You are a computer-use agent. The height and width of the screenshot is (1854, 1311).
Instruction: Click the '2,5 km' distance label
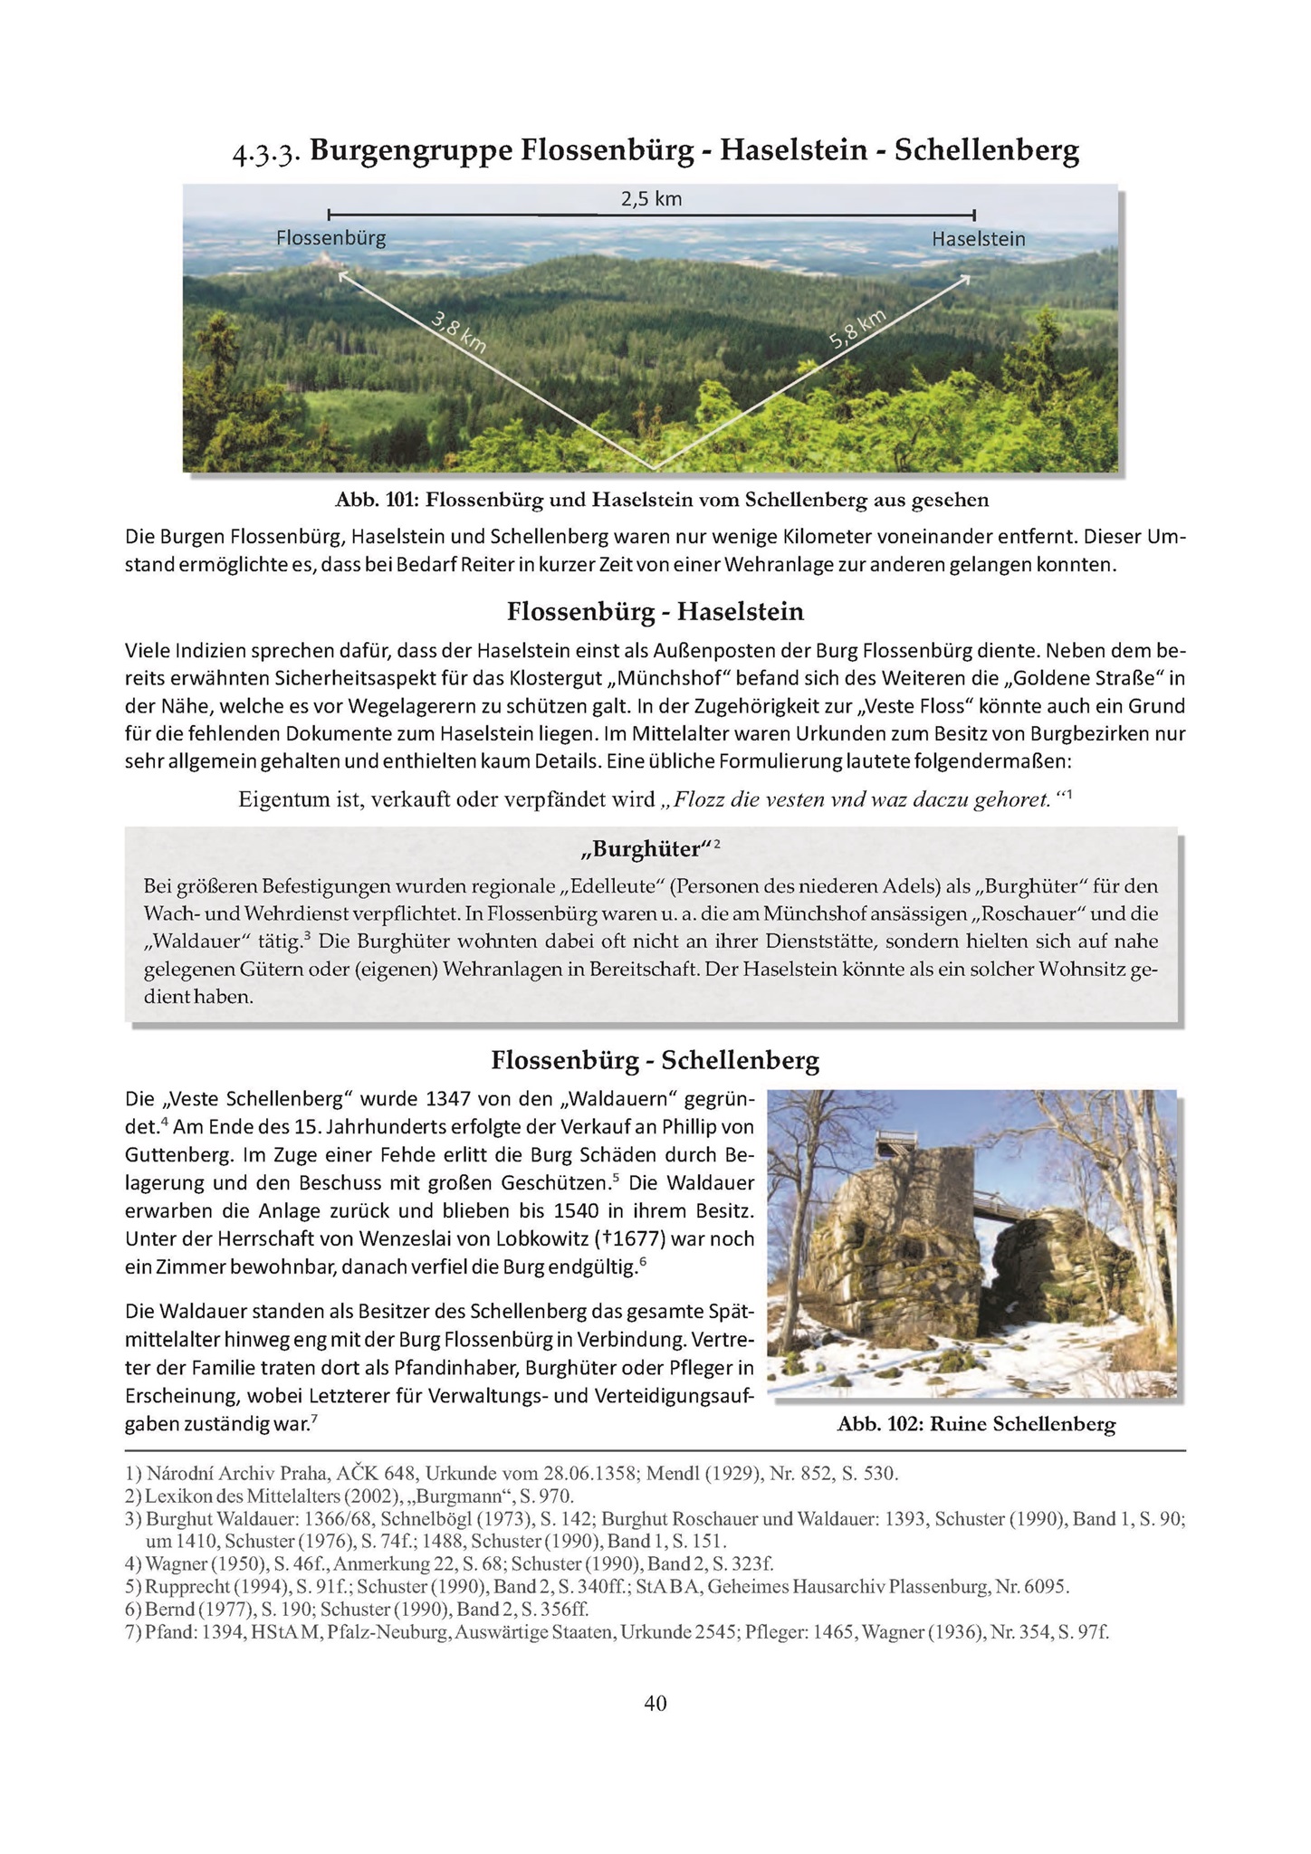tap(651, 198)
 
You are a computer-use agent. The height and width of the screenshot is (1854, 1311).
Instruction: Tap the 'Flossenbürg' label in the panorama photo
tap(330, 238)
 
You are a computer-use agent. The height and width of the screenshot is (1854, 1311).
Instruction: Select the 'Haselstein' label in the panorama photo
tap(978, 239)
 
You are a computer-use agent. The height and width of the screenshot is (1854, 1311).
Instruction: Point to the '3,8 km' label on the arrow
tap(459, 332)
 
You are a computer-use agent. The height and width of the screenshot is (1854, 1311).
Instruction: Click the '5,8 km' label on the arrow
tap(856, 330)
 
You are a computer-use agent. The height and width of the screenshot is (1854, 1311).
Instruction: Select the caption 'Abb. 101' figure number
tap(371, 500)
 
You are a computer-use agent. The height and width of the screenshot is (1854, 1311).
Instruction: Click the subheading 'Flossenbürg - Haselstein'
tap(655, 612)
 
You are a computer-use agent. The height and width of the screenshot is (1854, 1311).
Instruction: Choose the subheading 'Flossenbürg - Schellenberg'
tap(655, 1060)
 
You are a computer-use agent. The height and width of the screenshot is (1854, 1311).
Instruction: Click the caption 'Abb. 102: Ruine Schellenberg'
tap(976, 1425)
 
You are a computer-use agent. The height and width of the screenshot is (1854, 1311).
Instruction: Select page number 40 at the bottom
tap(655, 1704)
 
